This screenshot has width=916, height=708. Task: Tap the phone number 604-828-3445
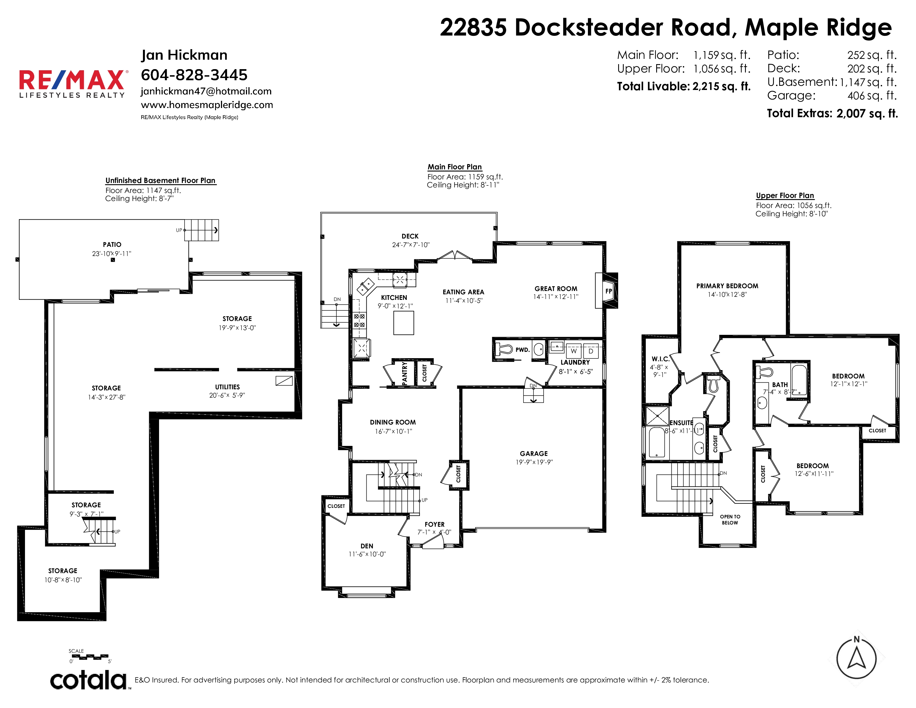coord(194,75)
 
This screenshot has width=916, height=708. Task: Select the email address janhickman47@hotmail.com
coord(206,91)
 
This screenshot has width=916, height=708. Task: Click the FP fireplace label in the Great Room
coord(608,291)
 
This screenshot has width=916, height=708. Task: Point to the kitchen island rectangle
coord(404,323)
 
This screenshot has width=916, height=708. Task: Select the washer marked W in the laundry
coord(574,351)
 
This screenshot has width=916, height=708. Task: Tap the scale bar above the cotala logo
coord(89,656)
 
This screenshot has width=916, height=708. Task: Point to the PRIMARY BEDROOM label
coord(727,286)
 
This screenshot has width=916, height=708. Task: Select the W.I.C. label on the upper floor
coord(661,359)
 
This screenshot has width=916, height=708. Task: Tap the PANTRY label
coord(405,373)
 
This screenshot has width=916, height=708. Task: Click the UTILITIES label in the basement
coord(227,387)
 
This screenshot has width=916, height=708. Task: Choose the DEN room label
coord(367,546)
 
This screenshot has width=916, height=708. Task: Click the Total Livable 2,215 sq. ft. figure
coord(684,86)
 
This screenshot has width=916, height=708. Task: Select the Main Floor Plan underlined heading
coord(455,167)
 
